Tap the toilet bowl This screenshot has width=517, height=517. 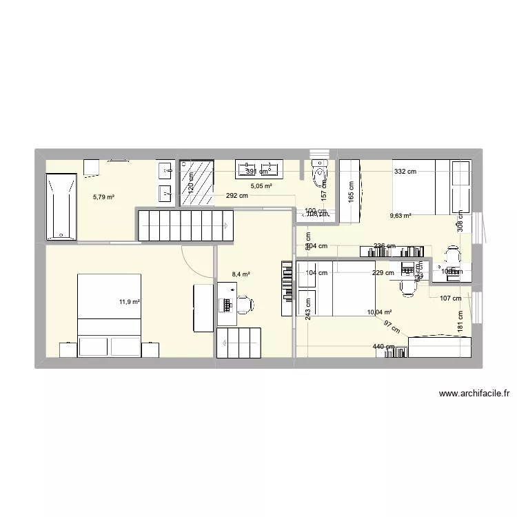[320, 174]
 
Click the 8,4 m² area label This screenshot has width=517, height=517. [241, 274]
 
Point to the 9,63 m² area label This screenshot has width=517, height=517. [400, 216]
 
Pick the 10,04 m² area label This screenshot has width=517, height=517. [380, 312]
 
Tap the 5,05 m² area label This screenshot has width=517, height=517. [261, 186]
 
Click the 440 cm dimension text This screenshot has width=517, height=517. [383, 347]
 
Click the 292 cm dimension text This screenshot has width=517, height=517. [236, 195]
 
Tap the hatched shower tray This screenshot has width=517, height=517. [196, 183]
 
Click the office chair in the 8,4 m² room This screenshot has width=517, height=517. [245, 303]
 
